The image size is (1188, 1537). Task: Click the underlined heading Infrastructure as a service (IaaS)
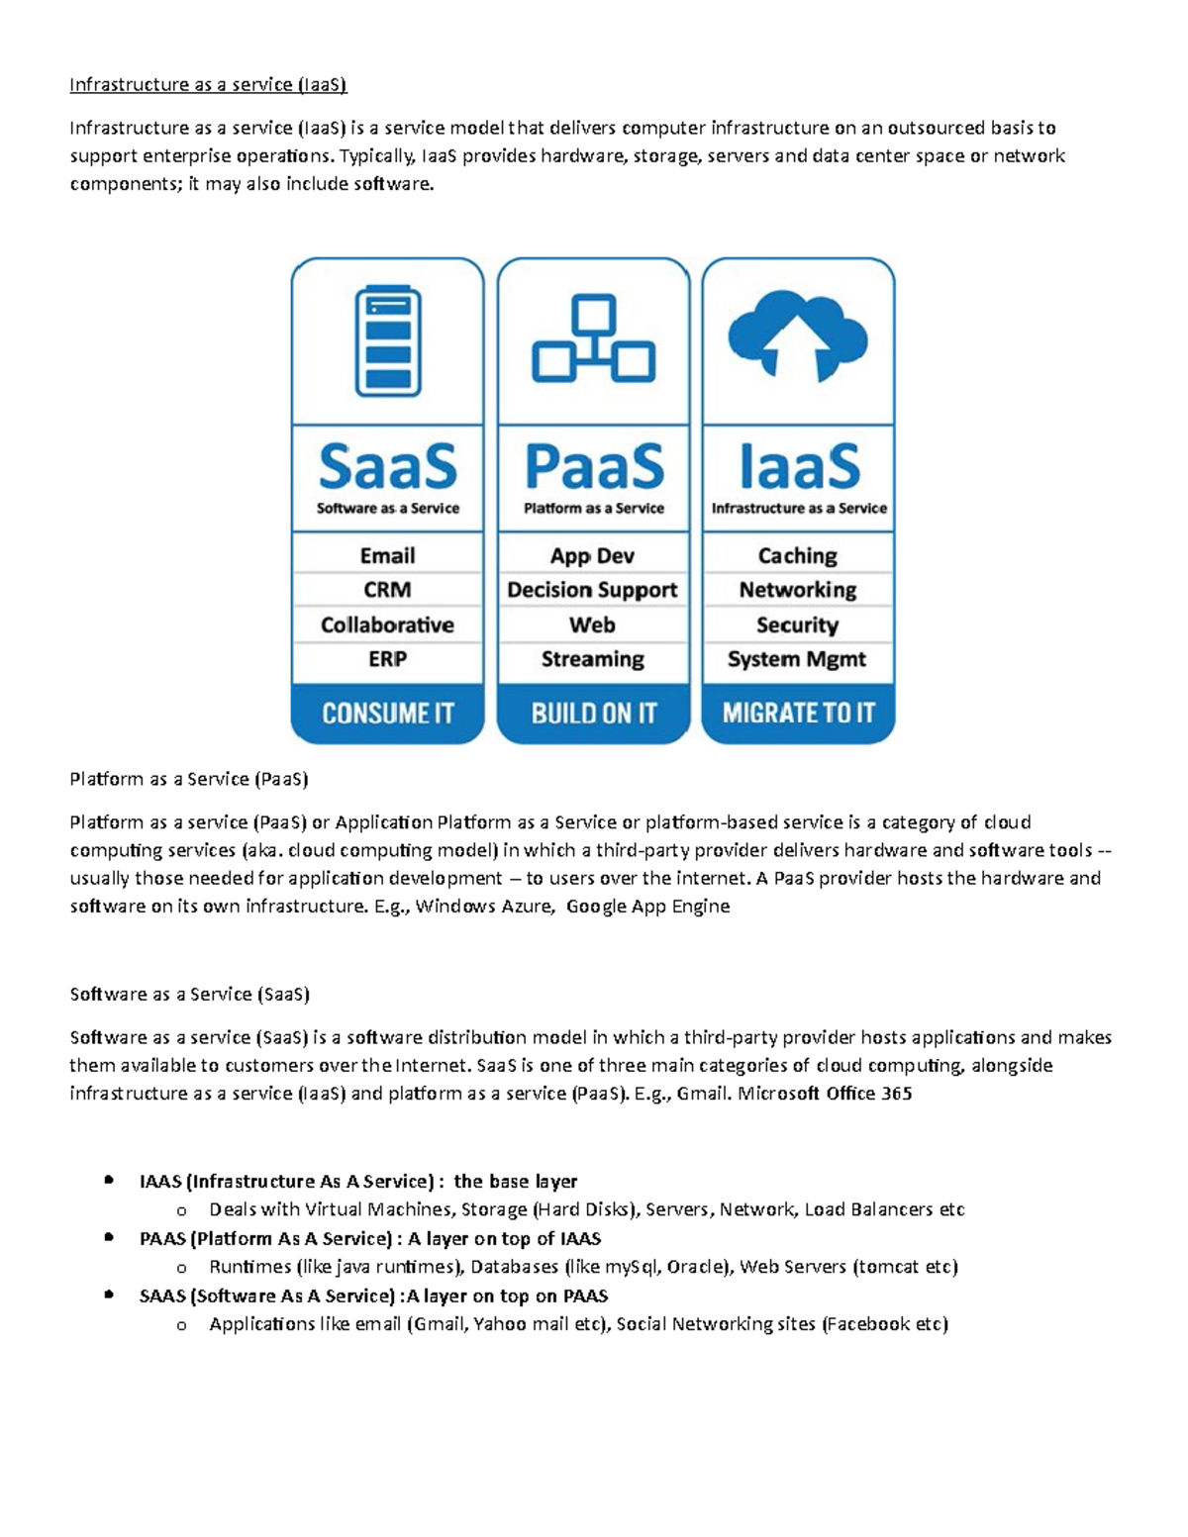(x=208, y=85)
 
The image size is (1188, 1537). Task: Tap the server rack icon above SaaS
(x=388, y=340)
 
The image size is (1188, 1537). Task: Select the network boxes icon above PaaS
(x=593, y=338)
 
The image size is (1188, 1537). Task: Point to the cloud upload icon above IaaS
(x=798, y=337)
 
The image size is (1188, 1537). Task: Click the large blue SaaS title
(x=388, y=466)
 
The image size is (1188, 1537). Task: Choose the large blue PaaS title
(x=593, y=466)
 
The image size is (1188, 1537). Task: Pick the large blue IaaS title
(x=799, y=466)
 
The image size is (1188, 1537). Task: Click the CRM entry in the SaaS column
(x=387, y=590)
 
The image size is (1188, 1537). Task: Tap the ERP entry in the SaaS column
(x=387, y=659)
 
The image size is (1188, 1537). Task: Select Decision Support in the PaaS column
(x=592, y=590)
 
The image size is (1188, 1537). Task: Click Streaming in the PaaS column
(x=592, y=659)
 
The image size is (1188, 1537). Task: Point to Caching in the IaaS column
(x=797, y=555)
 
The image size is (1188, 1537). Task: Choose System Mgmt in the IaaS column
(x=797, y=659)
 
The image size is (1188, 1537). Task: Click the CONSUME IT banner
(x=388, y=714)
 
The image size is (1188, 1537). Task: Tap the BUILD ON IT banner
(x=593, y=714)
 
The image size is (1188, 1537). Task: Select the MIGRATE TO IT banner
(x=798, y=714)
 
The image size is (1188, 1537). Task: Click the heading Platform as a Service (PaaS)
(x=189, y=780)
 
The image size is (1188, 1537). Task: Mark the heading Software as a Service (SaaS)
(x=190, y=995)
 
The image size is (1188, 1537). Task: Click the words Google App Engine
(x=647, y=907)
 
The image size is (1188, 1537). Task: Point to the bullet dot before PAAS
(x=109, y=1237)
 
